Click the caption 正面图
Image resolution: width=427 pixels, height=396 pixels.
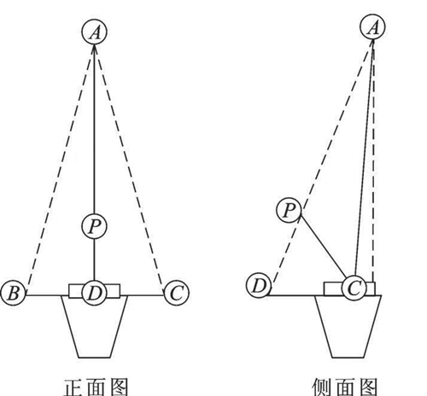pos(96,387)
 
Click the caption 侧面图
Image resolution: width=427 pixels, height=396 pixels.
pos(345,387)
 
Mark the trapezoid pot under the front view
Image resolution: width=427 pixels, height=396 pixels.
pos(95,326)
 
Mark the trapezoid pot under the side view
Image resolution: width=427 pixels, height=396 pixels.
pos(348,326)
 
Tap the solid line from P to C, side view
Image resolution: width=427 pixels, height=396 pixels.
pos(324,247)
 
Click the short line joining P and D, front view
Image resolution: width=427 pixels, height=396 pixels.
pos(95,259)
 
